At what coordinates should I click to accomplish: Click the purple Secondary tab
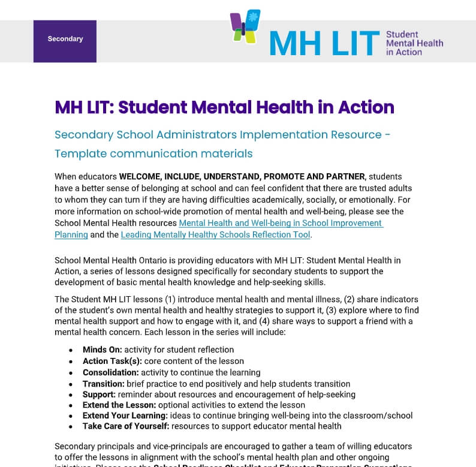click(x=65, y=40)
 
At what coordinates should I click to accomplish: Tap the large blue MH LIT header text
click(x=324, y=43)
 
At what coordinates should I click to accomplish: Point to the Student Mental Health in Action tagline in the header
click(x=414, y=43)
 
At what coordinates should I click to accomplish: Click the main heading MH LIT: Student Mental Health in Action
click(x=224, y=107)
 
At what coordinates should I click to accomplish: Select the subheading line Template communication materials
click(x=153, y=153)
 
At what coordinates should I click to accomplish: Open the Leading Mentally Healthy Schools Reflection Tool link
click(x=215, y=235)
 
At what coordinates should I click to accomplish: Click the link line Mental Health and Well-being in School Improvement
click(x=281, y=223)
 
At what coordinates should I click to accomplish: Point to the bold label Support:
click(x=99, y=394)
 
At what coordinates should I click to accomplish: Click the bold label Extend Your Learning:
click(x=125, y=415)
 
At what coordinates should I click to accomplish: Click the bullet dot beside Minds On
click(x=71, y=350)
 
